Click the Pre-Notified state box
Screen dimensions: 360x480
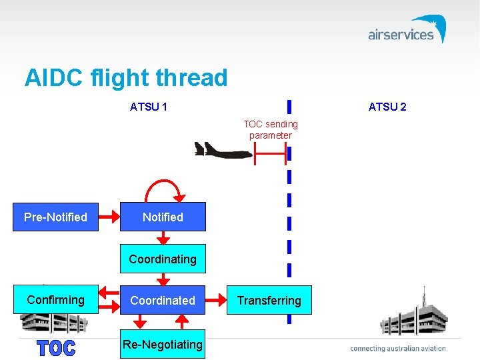point(56,217)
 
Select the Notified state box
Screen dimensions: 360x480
point(163,217)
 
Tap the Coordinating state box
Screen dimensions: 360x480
point(163,259)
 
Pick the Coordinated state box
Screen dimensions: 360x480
point(163,301)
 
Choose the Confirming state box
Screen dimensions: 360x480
point(56,300)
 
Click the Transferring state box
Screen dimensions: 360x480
point(269,301)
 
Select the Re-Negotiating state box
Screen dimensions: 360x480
point(163,344)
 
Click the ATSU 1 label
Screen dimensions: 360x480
point(149,107)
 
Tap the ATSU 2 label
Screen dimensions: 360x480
point(387,107)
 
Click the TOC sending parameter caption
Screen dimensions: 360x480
point(271,129)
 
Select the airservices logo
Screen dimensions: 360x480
point(407,31)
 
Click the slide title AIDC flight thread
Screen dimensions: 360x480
point(126,78)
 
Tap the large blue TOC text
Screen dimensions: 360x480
point(56,347)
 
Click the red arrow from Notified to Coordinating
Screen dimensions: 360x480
point(163,238)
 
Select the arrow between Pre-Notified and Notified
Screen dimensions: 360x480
point(109,217)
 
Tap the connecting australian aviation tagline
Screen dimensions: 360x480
point(398,348)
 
